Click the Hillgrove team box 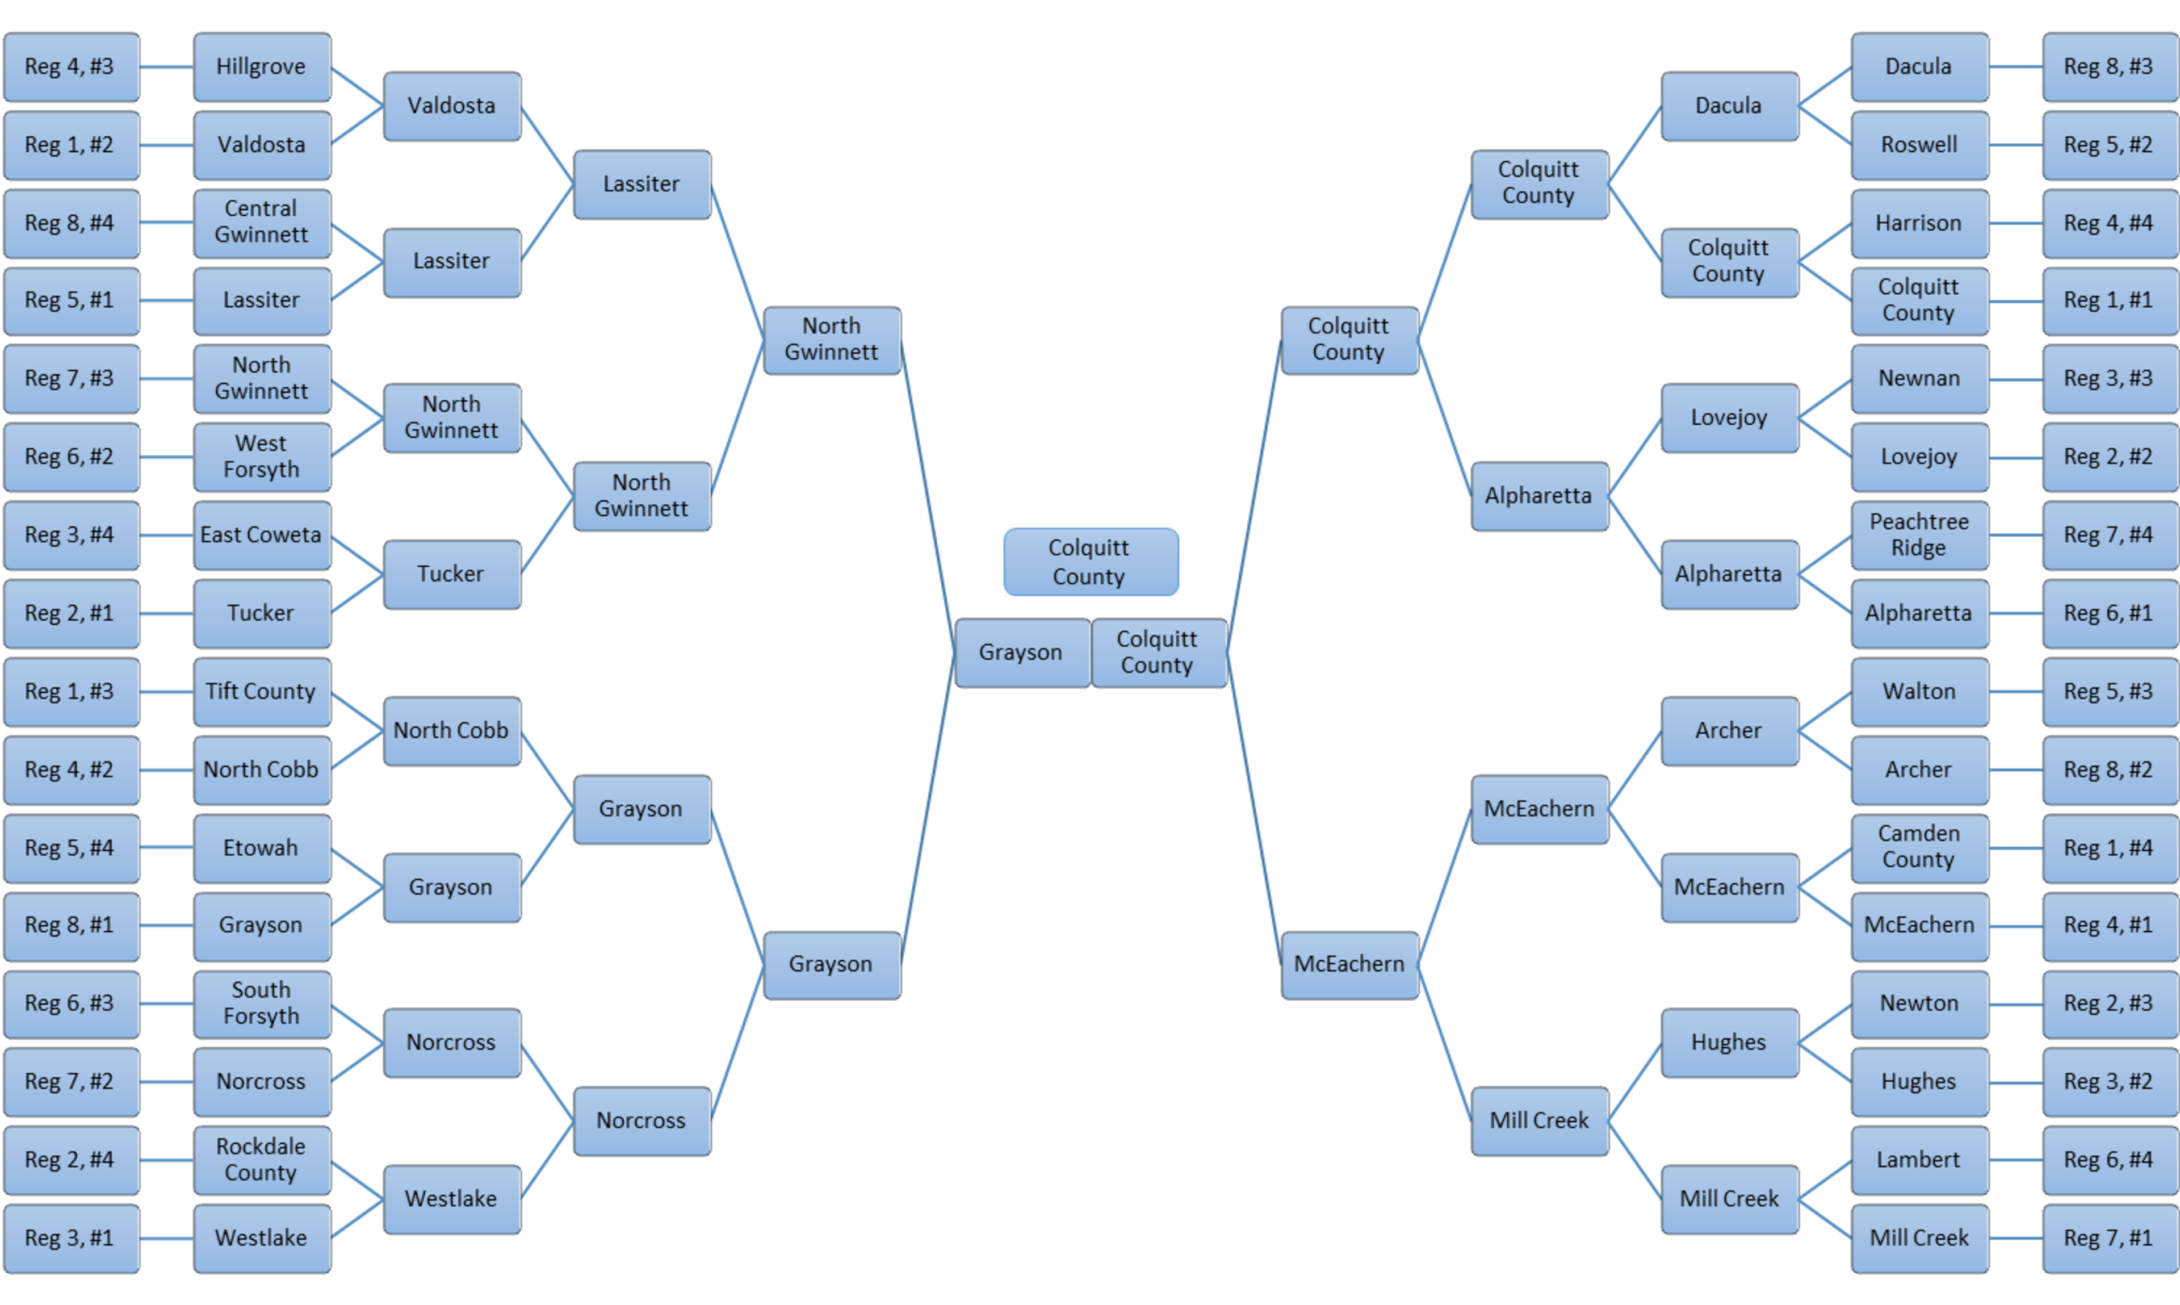point(261,67)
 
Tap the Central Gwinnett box point(261,223)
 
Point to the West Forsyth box point(261,457)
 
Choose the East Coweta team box point(261,534)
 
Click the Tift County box point(261,691)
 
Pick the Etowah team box point(261,848)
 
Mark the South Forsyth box point(261,1003)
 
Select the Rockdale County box point(261,1160)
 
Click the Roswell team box point(1919,145)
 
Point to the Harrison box point(1919,223)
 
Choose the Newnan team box point(1919,378)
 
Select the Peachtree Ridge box point(1919,534)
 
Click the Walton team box point(1919,691)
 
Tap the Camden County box point(1919,847)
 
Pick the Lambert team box point(1919,1160)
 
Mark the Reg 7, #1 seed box point(2109,1238)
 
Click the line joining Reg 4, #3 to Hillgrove point(166,67)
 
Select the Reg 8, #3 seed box point(2109,67)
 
